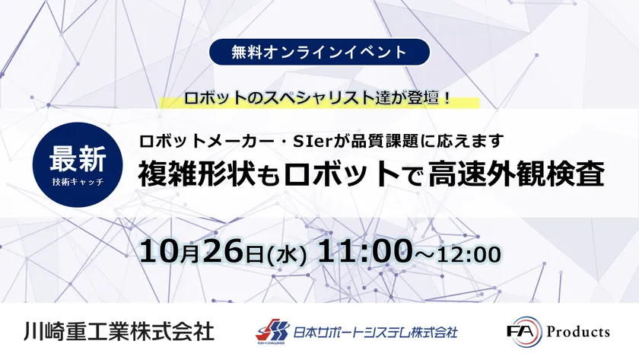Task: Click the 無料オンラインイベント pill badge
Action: (x=319, y=52)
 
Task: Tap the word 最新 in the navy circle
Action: (x=78, y=158)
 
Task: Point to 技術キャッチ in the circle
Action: (x=78, y=182)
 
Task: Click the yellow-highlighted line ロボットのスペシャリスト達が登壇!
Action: (x=318, y=98)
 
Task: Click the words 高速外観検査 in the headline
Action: (x=516, y=174)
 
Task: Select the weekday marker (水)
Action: (x=287, y=255)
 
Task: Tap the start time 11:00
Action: (x=364, y=250)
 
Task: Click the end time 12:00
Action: (x=469, y=254)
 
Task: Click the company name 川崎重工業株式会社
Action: (x=119, y=330)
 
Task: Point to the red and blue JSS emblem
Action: (x=272, y=331)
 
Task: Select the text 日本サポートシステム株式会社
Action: (x=376, y=332)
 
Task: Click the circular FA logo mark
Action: (x=526, y=332)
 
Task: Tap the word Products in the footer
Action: (x=578, y=331)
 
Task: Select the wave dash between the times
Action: (x=424, y=254)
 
